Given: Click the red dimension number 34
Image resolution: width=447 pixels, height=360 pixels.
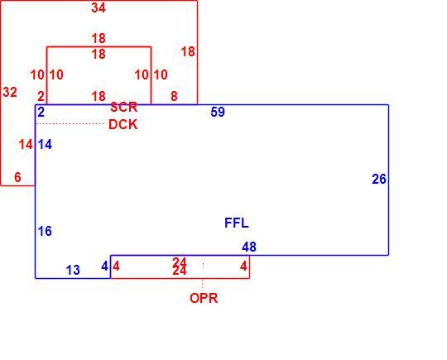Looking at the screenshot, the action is pyautogui.click(x=99, y=7).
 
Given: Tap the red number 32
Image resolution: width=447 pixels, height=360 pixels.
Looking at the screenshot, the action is pyautogui.click(x=10, y=92).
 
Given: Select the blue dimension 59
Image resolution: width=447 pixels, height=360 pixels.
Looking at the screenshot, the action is pyautogui.click(x=218, y=112).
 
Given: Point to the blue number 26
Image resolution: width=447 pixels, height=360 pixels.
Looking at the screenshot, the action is pyautogui.click(x=379, y=179).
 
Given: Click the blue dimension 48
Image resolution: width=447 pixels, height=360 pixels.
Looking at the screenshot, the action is pyautogui.click(x=249, y=247).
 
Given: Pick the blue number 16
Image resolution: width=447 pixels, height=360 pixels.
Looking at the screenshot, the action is pyautogui.click(x=45, y=231).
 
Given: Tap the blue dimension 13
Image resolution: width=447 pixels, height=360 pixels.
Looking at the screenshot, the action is pyautogui.click(x=73, y=270).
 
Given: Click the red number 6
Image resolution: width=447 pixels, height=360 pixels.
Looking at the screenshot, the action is pyautogui.click(x=17, y=177).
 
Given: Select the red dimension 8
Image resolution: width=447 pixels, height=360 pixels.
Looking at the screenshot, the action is pyautogui.click(x=174, y=96).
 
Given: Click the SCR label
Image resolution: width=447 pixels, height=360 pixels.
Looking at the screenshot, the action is pyautogui.click(x=123, y=108).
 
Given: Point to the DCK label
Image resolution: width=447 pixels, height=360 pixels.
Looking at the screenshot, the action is pyautogui.click(x=123, y=125).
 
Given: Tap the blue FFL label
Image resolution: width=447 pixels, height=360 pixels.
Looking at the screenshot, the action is pyautogui.click(x=237, y=223).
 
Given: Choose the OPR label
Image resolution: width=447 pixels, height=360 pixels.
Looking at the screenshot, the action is pyautogui.click(x=204, y=299).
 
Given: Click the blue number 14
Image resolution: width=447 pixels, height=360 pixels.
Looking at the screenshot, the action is pyautogui.click(x=45, y=145).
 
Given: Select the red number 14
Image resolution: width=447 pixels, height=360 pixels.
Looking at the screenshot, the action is pyautogui.click(x=26, y=145).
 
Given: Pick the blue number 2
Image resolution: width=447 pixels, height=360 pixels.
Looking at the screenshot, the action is pyautogui.click(x=41, y=113).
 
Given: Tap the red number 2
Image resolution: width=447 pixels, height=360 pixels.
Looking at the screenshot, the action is pyautogui.click(x=41, y=96).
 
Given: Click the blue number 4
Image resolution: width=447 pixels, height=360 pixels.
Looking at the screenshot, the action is pyautogui.click(x=104, y=266).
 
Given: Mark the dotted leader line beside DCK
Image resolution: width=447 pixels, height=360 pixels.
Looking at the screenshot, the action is pyautogui.click(x=70, y=123).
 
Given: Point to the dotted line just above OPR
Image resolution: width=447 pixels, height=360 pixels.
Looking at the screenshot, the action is pyautogui.click(x=203, y=285).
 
